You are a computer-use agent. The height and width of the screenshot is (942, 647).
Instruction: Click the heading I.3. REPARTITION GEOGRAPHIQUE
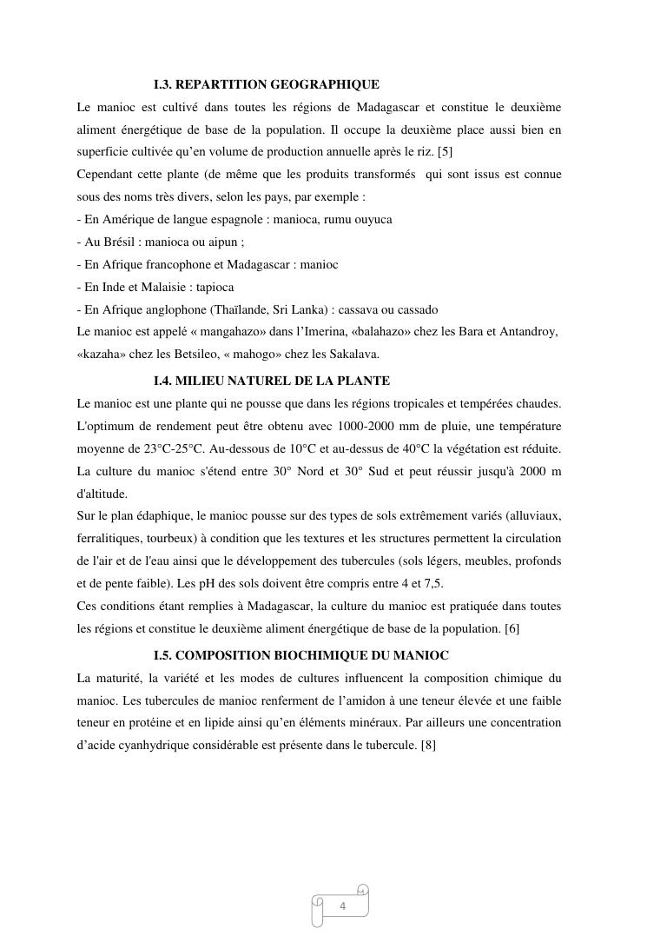[266, 85]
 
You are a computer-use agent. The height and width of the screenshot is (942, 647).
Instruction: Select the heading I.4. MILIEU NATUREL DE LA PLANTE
[271, 381]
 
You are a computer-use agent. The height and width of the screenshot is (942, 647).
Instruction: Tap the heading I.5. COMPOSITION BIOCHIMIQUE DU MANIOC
[300, 655]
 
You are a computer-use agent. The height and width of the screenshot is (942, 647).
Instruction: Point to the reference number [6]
[512, 628]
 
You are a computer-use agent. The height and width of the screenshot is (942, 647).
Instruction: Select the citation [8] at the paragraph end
[427, 745]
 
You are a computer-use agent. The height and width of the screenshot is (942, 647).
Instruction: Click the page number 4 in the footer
[342, 907]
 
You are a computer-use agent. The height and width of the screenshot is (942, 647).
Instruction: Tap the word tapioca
[215, 287]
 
